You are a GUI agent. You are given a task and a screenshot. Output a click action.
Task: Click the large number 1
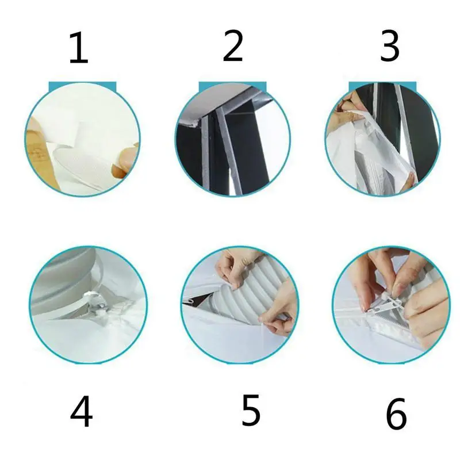(78, 48)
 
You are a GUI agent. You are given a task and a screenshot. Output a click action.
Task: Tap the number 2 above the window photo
(233, 45)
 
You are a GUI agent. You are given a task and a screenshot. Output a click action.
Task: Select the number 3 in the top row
(390, 46)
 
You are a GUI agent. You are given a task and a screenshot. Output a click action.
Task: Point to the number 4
(81, 411)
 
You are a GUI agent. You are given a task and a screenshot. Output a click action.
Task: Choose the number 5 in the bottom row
(251, 410)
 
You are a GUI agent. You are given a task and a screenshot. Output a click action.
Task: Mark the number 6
(396, 414)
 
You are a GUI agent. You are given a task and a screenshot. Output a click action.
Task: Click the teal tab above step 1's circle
(82, 86)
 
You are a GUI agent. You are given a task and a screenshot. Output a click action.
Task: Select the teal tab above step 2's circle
(233, 86)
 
